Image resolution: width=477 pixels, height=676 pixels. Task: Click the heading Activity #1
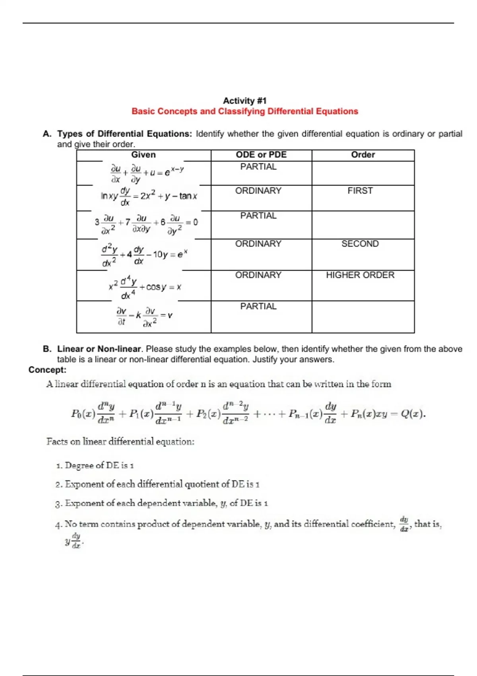[244, 101]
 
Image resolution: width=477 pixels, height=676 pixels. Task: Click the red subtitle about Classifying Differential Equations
[244, 111]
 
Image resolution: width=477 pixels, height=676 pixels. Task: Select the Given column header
[143, 155]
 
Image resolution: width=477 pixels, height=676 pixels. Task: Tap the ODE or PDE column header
[261, 155]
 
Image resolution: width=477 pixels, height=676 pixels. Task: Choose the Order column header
[363, 155]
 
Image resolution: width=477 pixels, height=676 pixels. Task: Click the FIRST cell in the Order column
[360, 191]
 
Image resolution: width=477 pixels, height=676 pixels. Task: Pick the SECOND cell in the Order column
[360, 244]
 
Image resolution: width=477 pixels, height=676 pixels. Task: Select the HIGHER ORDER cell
[360, 275]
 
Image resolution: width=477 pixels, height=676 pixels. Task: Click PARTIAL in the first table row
[258, 167]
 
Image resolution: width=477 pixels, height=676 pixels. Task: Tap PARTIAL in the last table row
[258, 307]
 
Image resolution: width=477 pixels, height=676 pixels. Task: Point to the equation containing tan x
[149, 196]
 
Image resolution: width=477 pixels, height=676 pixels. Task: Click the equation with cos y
[145, 287]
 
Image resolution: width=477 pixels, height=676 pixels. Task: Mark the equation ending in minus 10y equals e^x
[144, 254]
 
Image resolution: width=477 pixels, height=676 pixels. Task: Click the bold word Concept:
[47, 370]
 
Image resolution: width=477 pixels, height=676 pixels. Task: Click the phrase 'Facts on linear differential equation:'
[120, 441]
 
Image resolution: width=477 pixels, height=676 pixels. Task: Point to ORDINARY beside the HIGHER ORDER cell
[258, 275]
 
